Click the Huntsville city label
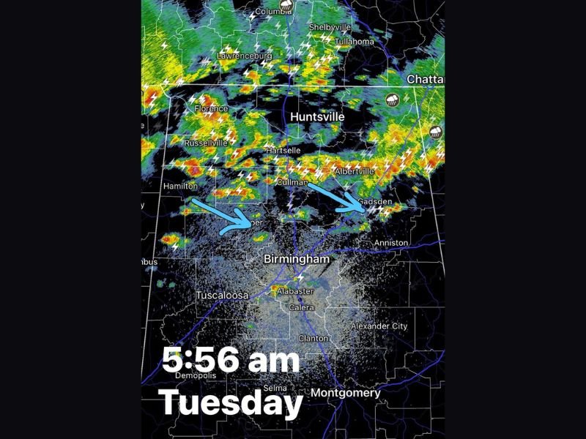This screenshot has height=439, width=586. [x=316, y=117]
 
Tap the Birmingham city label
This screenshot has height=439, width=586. [x=296, y=260]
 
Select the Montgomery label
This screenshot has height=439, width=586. [x=346, y=394]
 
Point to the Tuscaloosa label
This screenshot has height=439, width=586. [x=222, y=296]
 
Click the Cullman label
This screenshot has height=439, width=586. [x=292, y=181]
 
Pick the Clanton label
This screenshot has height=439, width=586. [x=314, y=338]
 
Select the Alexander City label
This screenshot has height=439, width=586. [x=379, y=326]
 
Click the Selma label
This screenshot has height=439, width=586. [x=275, y=388]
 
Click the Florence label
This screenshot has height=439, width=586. [x=211, y=109]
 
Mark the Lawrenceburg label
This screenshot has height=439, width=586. [x=244, y=56]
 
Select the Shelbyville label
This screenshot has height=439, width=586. [x=326, y=27]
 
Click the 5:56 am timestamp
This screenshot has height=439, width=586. [x=231, y=361]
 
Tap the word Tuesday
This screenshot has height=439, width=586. [x=231, y=402]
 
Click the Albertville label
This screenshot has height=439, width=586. [x=355, y=171]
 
